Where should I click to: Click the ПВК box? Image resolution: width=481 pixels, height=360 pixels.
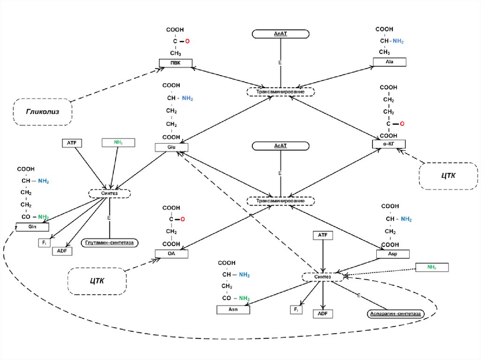pyautogui.click(x=176, y=63)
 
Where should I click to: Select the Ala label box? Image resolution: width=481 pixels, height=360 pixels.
pyautogui.click(x=389, y=62)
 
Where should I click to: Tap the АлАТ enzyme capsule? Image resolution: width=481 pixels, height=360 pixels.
pyautogui.click(x=280, y=34)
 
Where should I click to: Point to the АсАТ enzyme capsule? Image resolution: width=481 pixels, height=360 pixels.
pyautogui.click(x=280, y=146)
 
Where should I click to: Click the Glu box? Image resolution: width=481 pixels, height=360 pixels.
pyautogui.click(x=171, y=147)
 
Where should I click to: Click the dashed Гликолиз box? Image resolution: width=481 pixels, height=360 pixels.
pyautogui.click(x=42, y=112)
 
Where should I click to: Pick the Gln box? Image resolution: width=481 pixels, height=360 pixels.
pyautogui.click(x=32, y=227)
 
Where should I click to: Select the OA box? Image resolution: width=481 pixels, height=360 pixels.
pyautogui.click(x=171, y=254)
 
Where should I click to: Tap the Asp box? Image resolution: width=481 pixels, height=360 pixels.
pyautogui.click(x=393, y=254)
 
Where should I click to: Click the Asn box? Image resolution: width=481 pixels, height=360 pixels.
pyautogui.click(x=233, y=310)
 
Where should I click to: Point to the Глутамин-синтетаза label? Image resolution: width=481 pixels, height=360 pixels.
pyautogui.click(x=109, y=243)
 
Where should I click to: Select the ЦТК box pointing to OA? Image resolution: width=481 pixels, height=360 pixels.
pyautogui.click(x=97, y=282)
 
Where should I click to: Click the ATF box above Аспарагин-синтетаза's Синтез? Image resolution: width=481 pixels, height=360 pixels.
pyautogui.click(x=323, y=235)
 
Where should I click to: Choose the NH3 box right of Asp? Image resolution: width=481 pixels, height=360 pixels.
pyautogui.click(x=432, y=268)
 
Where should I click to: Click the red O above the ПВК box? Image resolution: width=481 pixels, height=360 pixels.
pyautogui.click(x=186, y=42)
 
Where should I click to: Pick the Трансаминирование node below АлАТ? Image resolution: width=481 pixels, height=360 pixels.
pyautogui.click(x=280, y=92)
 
